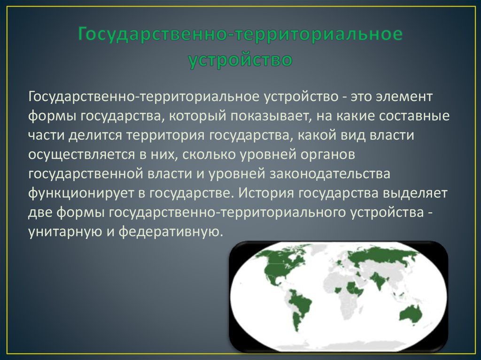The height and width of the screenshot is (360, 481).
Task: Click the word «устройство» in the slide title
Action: click(x=240, y=60)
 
